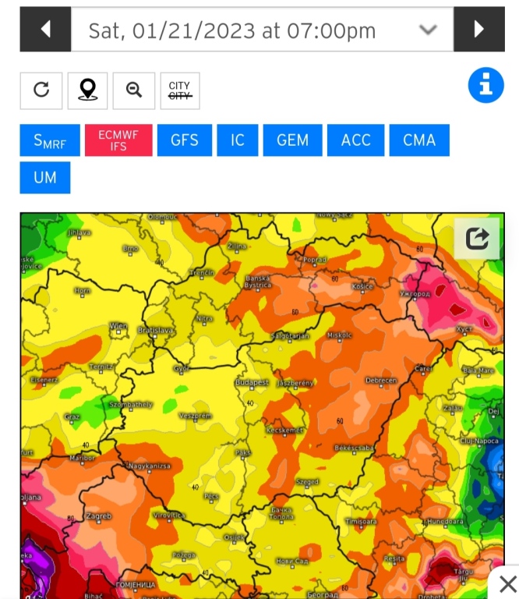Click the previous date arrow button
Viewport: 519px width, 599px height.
45,30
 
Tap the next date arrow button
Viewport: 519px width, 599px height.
478,30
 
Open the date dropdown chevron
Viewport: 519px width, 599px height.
428,30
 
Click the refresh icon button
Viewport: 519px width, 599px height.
41,90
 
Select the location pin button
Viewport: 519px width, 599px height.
87,90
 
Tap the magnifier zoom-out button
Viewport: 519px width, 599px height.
134,90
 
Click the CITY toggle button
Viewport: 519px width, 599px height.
179,90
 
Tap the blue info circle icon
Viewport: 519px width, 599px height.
485,85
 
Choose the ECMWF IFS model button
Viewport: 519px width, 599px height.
118,140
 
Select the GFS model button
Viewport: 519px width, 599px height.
185,140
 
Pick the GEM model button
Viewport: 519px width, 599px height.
293,140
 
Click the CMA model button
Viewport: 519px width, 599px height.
419,140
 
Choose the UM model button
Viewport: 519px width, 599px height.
45,177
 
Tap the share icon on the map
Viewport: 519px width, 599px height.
477,238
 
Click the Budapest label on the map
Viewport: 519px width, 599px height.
252,383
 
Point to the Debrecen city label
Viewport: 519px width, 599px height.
381,381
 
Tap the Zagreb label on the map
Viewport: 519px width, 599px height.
99,516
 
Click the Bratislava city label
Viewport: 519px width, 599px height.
156,330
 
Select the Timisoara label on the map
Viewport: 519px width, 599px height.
361,521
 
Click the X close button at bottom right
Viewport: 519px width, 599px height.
507,583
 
